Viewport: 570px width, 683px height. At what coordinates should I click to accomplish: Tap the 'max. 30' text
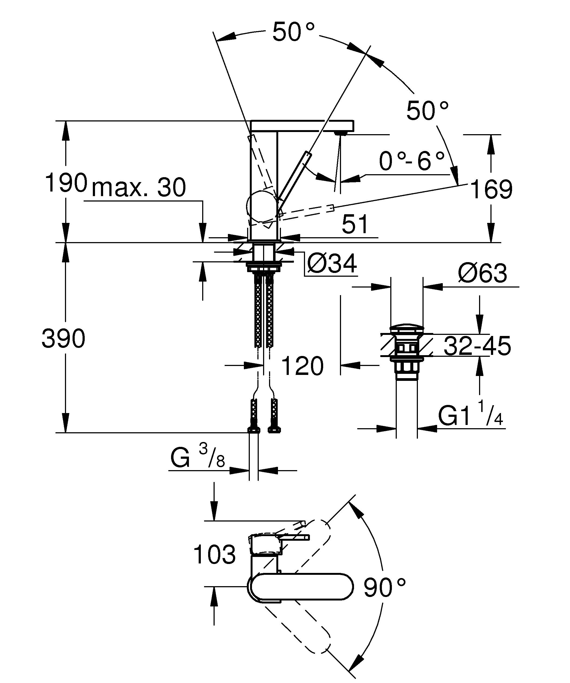point(139,188)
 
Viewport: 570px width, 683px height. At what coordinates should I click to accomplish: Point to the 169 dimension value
point(491,190)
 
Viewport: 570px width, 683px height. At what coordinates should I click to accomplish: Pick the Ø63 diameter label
point(482,273)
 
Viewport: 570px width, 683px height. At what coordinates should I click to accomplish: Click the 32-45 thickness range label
point(477,346)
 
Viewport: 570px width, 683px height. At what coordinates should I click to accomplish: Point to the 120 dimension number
point(302,366)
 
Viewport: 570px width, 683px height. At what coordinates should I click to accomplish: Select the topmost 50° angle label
point(293,32)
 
